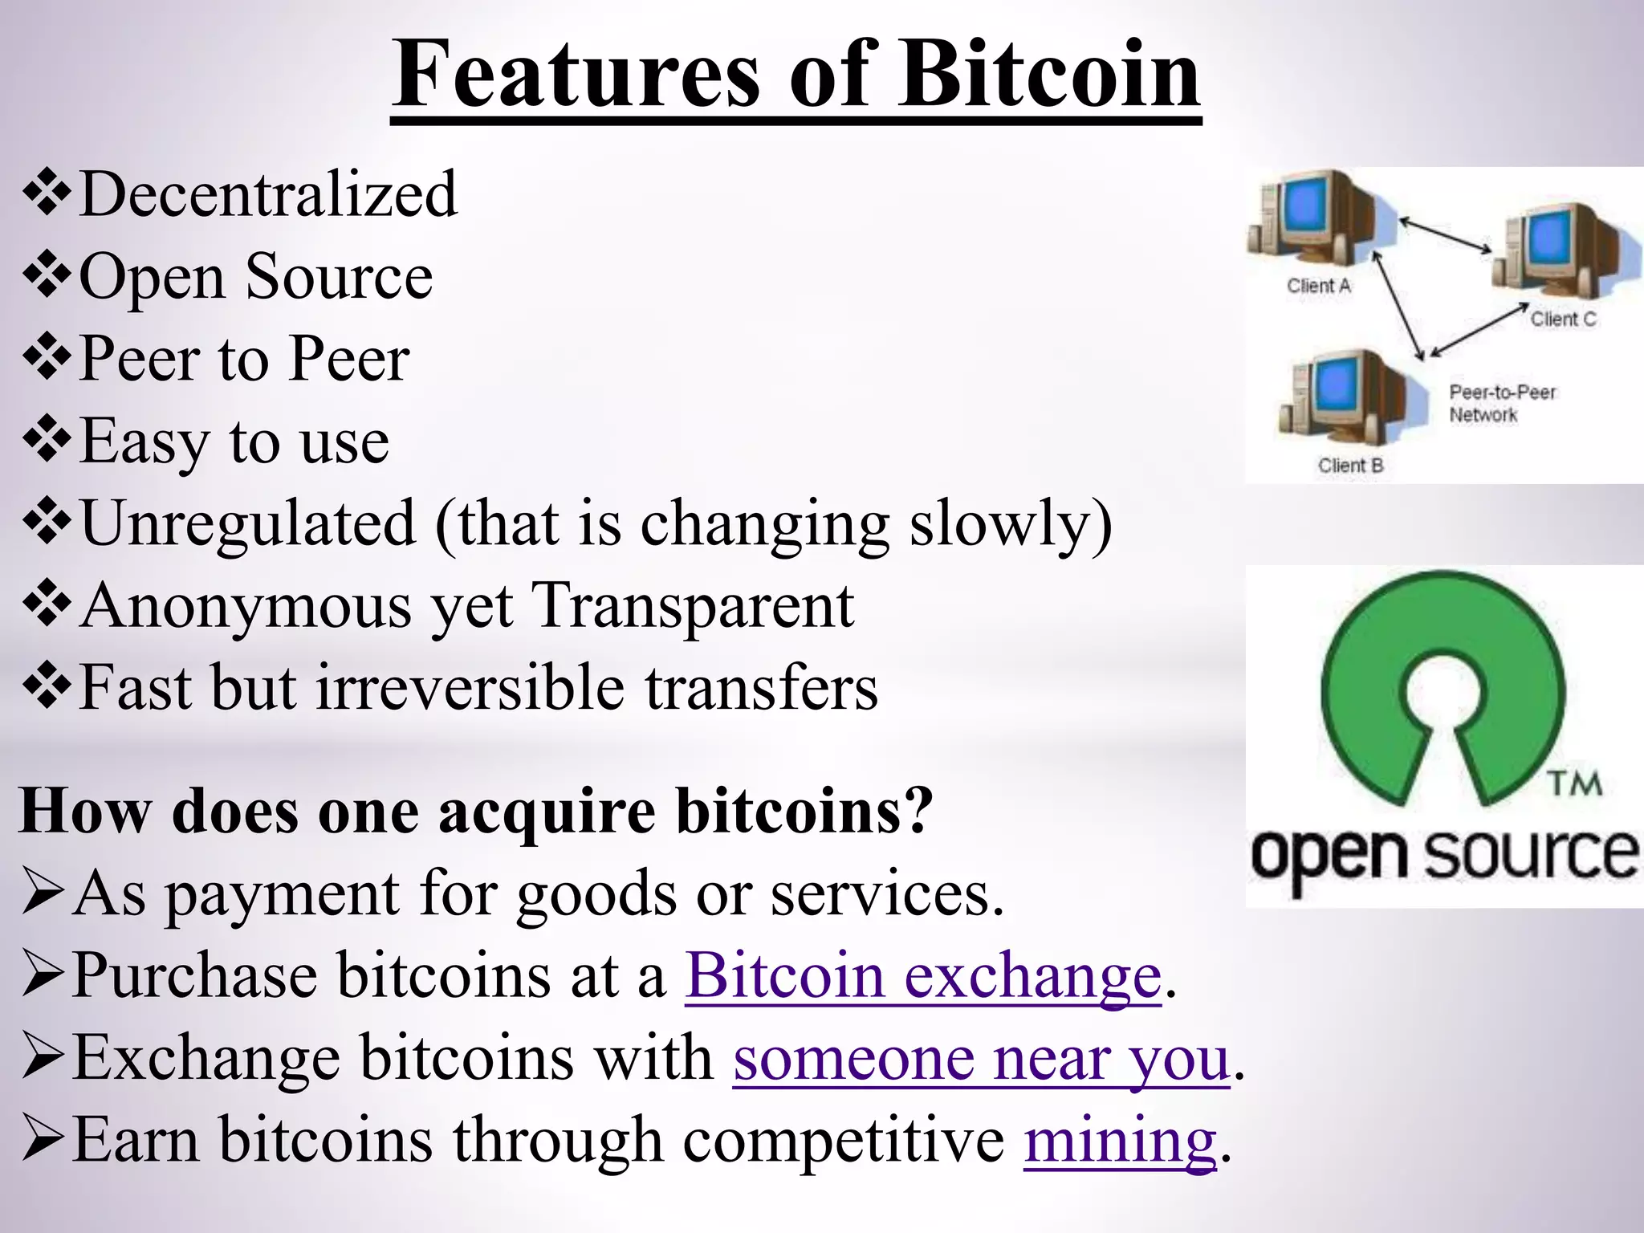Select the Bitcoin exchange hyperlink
coord(923,976)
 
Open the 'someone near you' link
coord(981,1058)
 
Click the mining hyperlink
coord(1120,1140)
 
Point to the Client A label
coord(1319,286)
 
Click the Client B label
coord(1350,466)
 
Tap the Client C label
coord(1563,319)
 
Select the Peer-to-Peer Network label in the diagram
coord(1501,403)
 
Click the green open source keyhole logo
coord(1443,690)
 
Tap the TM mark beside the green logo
coord(1574,783)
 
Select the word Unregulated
coord(248,523)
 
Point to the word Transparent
coord(694,605)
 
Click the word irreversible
coord(470,688)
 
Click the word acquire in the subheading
coord(547,811)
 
